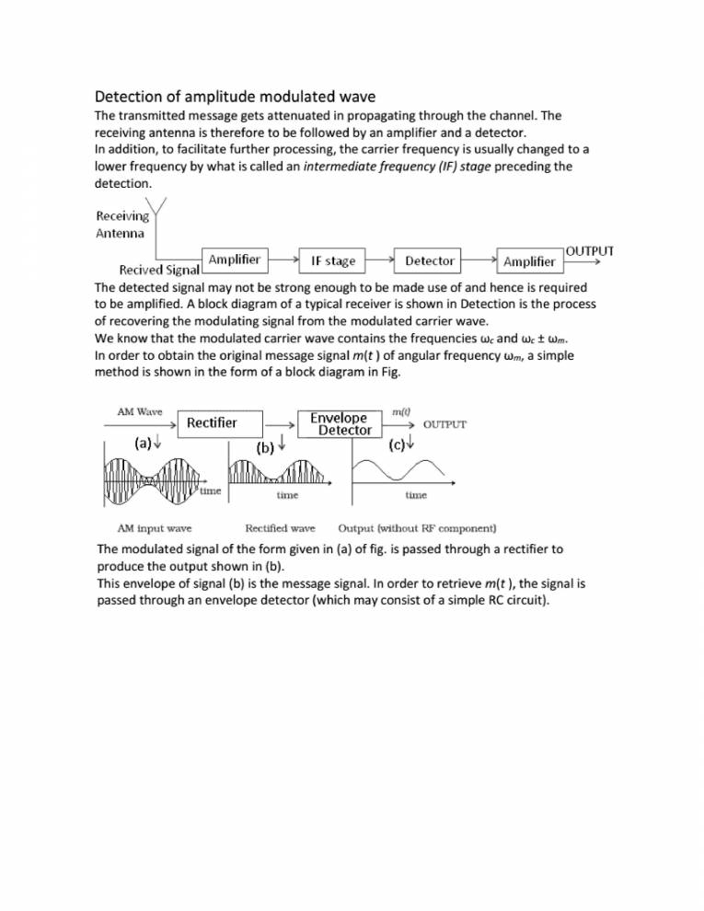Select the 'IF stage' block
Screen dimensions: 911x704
[333, 261]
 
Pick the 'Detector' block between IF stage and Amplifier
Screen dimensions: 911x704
[430, 261]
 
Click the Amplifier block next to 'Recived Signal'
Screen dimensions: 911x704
[234, 260]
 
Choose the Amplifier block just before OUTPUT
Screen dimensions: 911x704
[529, 261]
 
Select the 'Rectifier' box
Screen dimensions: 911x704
[213, 423]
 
